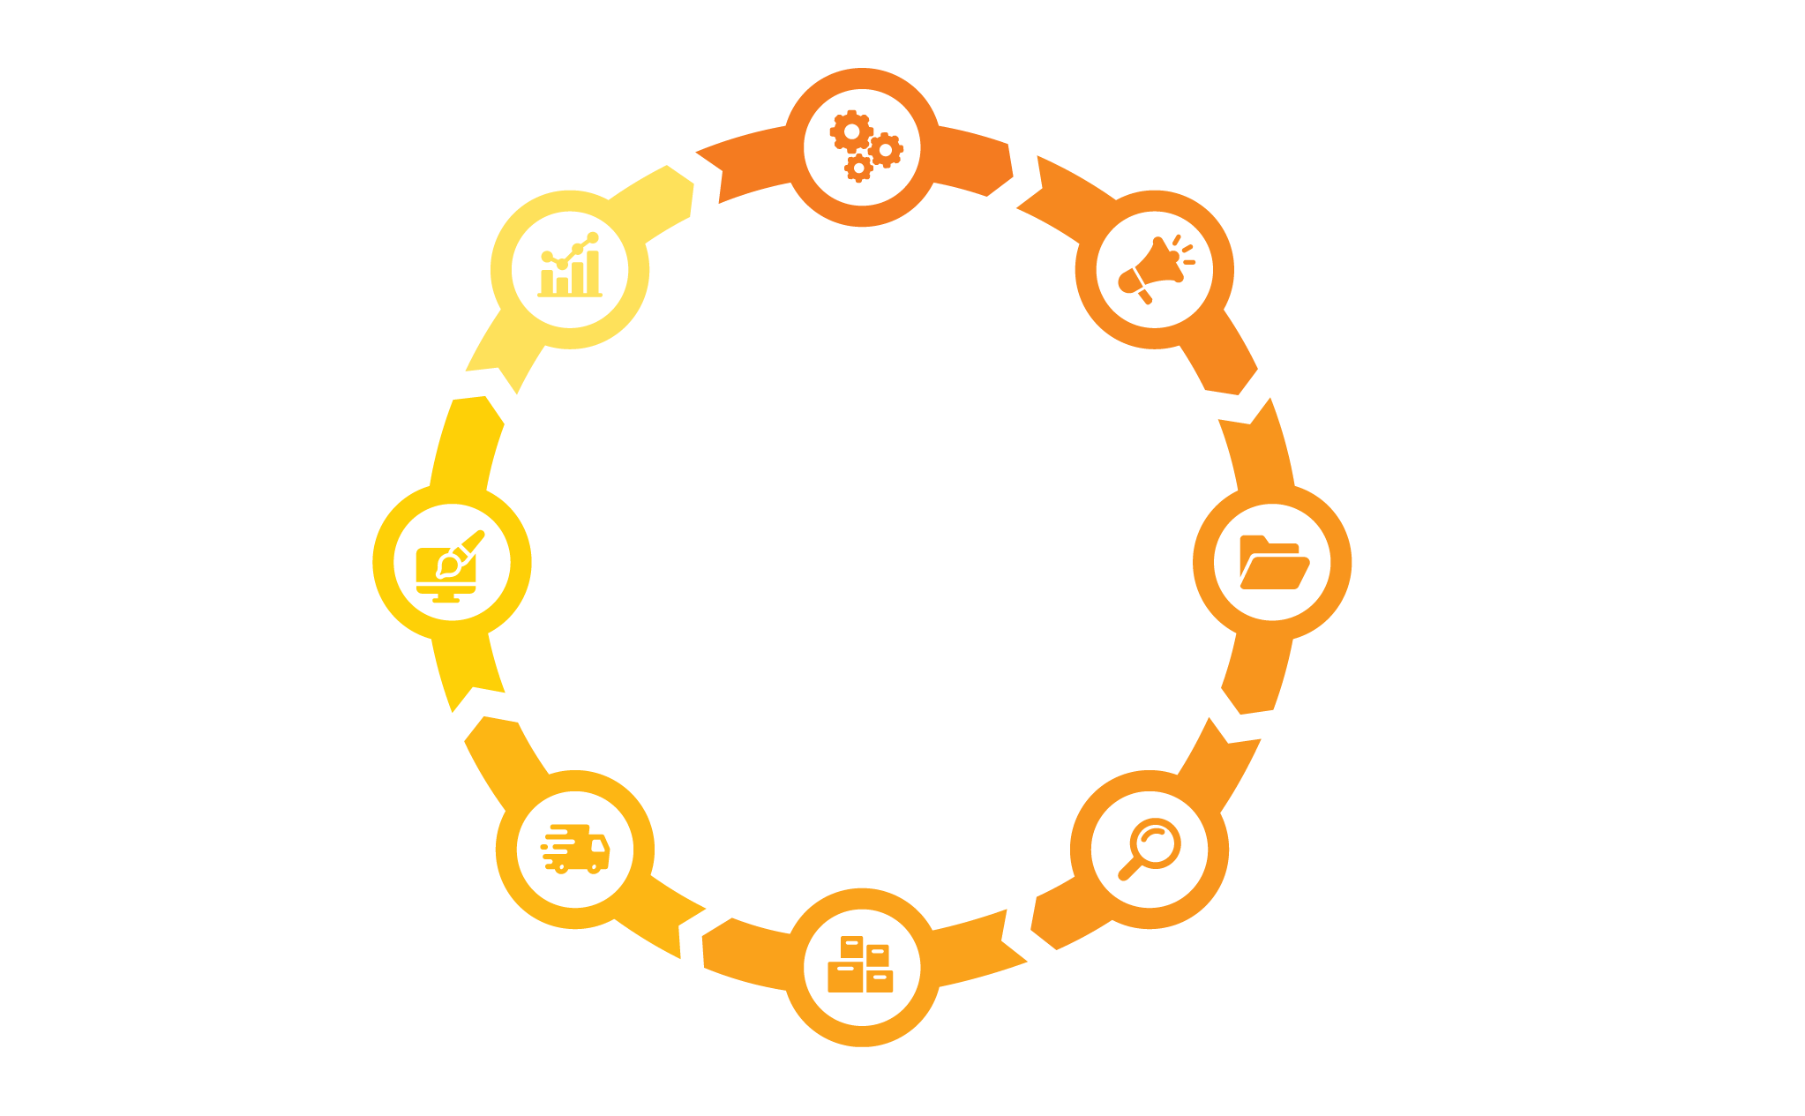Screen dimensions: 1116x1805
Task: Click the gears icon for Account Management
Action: pyautogui.click(x=863, y=147)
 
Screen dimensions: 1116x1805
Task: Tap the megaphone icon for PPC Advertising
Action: pyautogui.click(x=1154, y=269)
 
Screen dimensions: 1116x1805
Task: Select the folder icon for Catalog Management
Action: pyautogui.click(x=1272, y=561)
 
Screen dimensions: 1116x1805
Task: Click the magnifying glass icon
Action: pyautogui.click(x=1150, y=850)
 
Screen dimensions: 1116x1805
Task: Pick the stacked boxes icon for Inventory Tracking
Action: pyautogui.click(x=861, y=966)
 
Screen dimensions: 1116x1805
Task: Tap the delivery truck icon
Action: pyautogui.click(x=575, y=850)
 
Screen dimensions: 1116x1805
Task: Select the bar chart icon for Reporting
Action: pyautogui.click(x=570, y=267)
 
